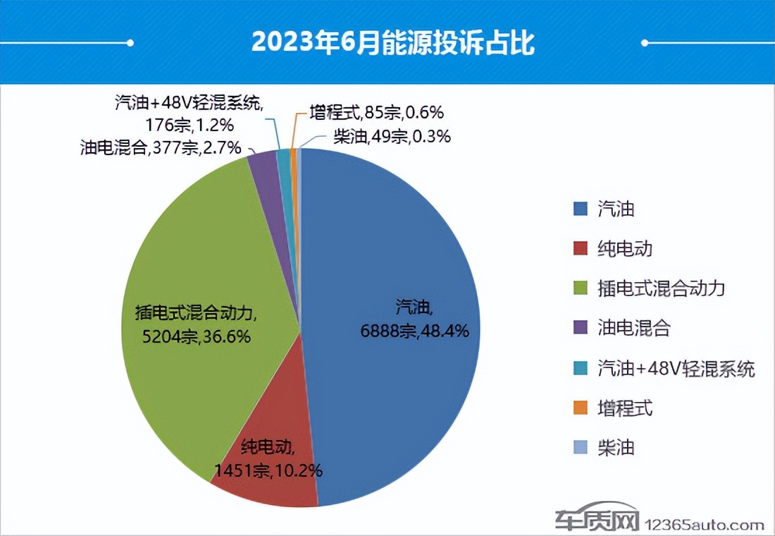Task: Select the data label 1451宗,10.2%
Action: pos(268,470)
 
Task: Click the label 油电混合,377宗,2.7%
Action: pos(161,148)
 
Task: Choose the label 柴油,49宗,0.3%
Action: pos(391,137)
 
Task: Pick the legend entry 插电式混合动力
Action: pos(659,288)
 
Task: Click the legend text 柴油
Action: pos(615,448)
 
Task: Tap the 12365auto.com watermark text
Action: pos(705,525)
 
